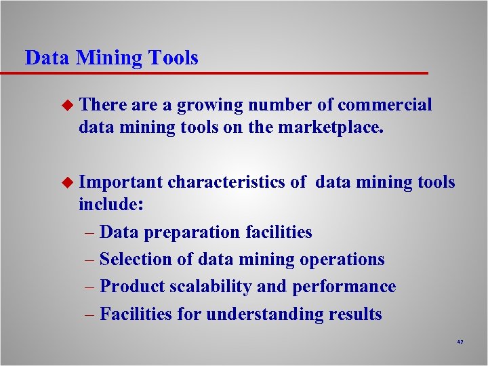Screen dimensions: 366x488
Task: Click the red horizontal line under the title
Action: coord(224,73)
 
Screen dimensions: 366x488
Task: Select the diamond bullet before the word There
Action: coord(66,105)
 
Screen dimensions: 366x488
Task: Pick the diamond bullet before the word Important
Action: coord(66,182)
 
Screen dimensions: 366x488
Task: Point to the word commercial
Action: coord(384,105)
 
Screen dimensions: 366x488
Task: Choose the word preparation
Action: coord(188,232)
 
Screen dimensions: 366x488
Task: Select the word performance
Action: coord(344,287)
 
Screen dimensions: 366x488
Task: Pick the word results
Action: coord(354,314)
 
